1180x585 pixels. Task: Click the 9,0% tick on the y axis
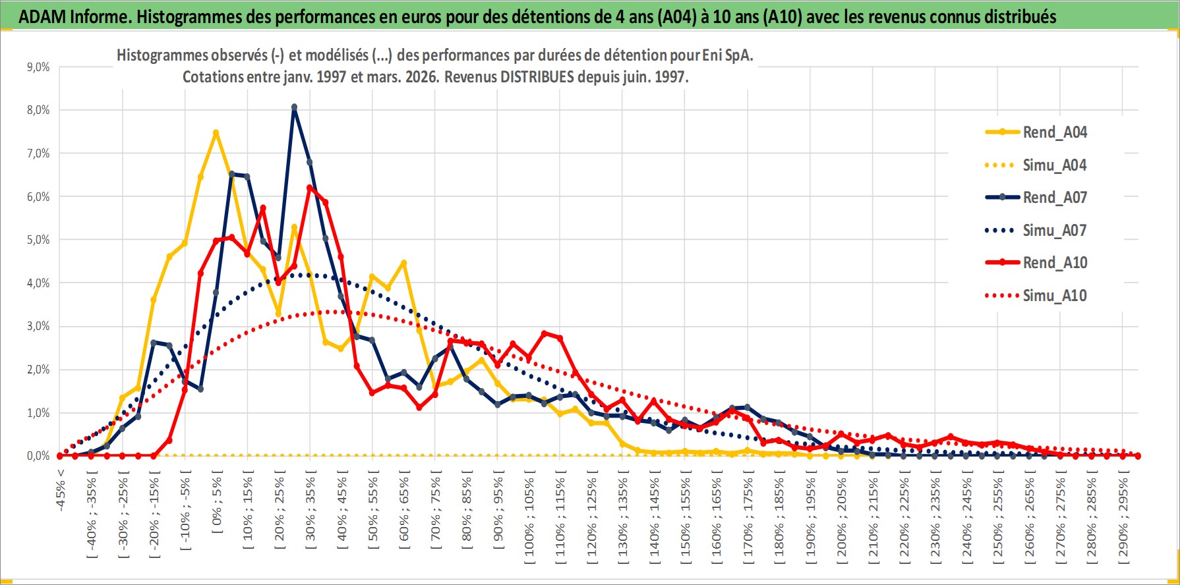click(x=38, y=67)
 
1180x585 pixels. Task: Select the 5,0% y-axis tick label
click(x=38, y=240)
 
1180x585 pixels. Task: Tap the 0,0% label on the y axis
click(x=38, y=456)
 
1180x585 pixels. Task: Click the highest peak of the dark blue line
click(x=294, y=107)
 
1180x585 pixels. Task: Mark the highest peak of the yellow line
click(x=216, y=132)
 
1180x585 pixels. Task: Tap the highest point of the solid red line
click(x=310, y=188)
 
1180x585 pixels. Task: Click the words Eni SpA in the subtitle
click(x=727, y=55)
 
